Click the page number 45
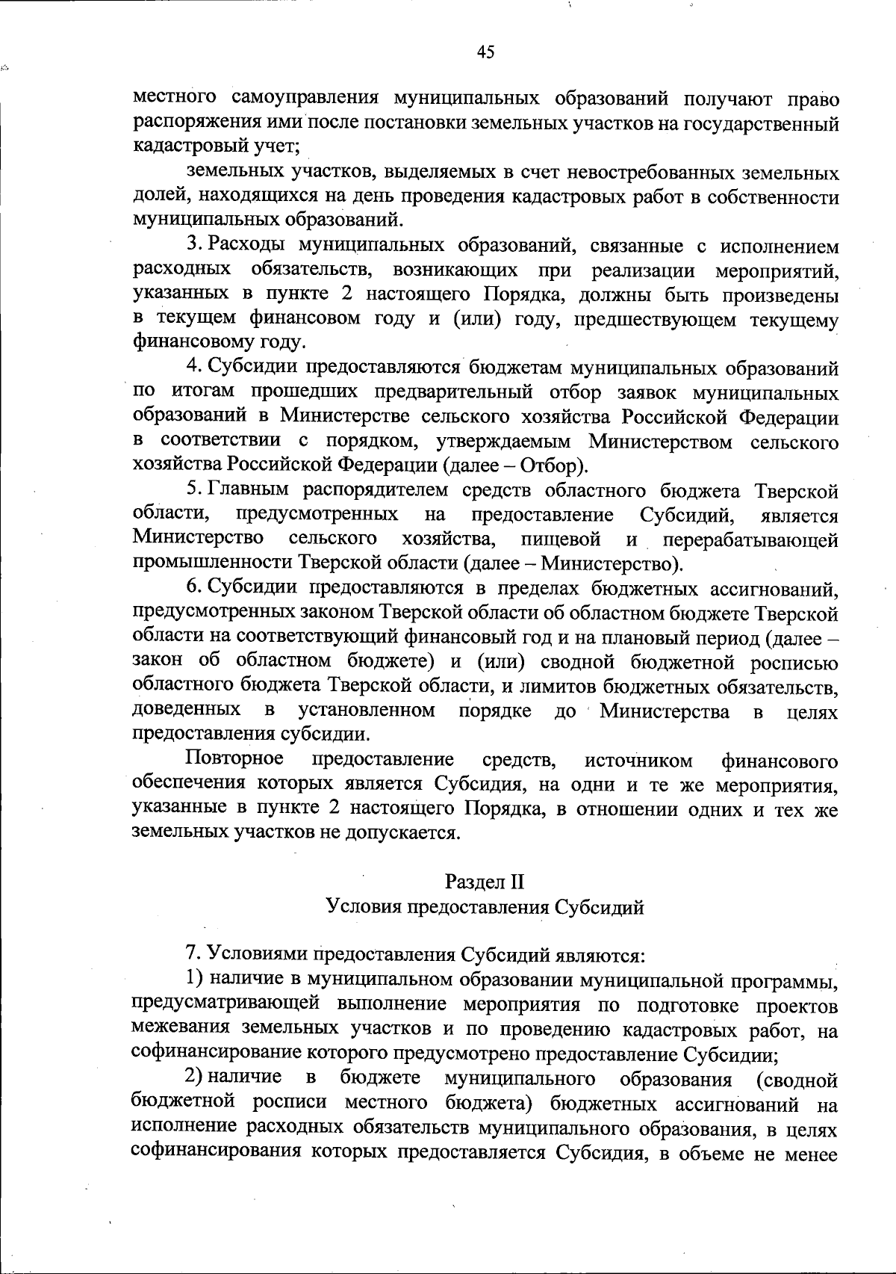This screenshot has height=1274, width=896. pos(485,52)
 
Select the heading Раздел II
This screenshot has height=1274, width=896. pos(485,882)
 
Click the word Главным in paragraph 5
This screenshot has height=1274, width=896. pos(251,490)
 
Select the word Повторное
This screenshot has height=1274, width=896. pos(234,760)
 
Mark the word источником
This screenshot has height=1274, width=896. pos(638,761)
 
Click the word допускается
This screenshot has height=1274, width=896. pos(414,832)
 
